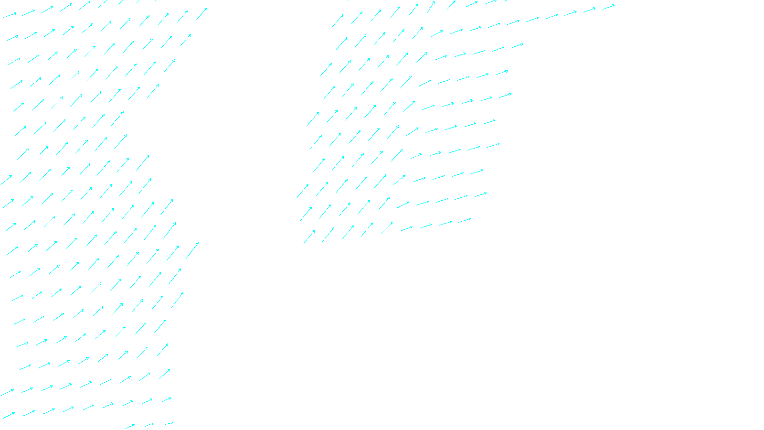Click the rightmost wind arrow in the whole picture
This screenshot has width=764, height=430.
click(x=608, y=7)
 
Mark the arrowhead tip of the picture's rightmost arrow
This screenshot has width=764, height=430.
click(x=615, y=5)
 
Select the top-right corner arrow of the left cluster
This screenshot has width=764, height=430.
click(x=202, y=14)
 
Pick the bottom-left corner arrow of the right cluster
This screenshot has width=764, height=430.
click(x=309, y=237)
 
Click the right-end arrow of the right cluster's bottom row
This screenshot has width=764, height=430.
click(x=465, y=221)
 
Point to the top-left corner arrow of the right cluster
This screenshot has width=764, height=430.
click(x=338, y=20)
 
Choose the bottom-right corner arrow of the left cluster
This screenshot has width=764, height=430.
click(x=169, y=423)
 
